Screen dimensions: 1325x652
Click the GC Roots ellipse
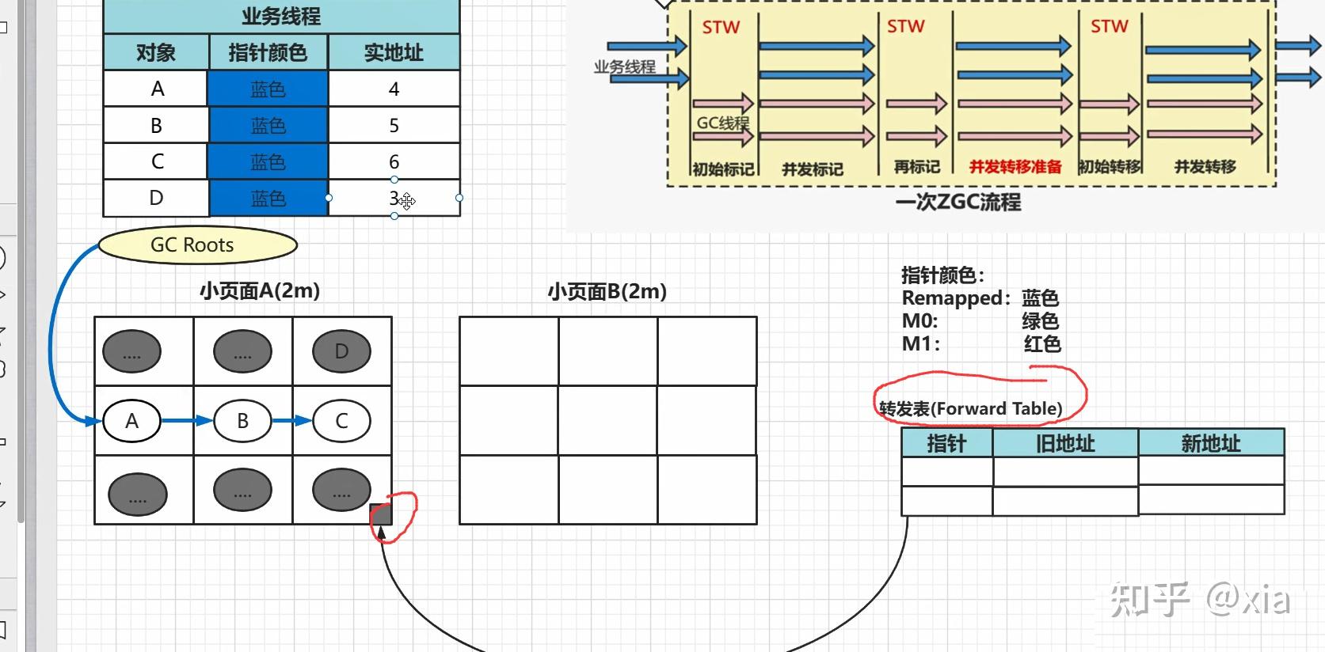pos(197,245)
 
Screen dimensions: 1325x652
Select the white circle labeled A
pos(131,421)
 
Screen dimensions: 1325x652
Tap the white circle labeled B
pos(242,421)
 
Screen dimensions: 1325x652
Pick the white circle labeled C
pos(341,421)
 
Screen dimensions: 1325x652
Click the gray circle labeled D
pos(341,351)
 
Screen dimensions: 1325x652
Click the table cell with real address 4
pos(394,89)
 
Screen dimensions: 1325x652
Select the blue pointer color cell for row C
pos(268,161)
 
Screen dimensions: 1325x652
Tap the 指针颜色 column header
pos(268,52)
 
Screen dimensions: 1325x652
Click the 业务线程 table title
pos(281,16)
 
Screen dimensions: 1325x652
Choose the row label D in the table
pos(156,198)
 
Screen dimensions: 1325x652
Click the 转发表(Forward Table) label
pos(970,408)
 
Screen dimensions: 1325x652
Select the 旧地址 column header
pos(1065,443)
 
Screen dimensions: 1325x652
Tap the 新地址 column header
pos(1210,443)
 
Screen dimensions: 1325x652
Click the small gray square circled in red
pos(381,514)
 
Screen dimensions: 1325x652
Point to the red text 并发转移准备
pos(1015,167)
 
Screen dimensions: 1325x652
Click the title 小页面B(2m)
pos(607,291)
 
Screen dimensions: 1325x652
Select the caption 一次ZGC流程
pos(958,203)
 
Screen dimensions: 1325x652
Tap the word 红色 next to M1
pos(1041,344)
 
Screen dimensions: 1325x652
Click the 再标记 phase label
pos(916,167)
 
